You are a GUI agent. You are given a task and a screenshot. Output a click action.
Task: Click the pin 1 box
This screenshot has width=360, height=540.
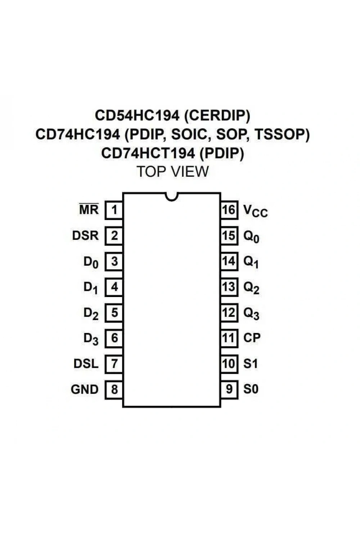114,210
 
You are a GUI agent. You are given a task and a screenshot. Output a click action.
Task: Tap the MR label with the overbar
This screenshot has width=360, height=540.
89,209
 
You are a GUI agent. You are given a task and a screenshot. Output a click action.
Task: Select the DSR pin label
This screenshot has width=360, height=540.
85,235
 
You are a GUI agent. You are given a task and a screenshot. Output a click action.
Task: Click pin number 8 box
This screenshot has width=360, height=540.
114,390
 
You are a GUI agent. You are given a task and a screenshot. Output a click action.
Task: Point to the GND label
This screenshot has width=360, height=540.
85,389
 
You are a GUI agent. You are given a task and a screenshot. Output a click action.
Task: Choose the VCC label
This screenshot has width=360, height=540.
256,211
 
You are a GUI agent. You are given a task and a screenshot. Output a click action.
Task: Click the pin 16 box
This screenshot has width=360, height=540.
229,210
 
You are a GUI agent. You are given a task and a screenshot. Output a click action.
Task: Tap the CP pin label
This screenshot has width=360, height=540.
252,338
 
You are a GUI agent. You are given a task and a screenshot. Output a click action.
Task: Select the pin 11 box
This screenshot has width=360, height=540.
229,338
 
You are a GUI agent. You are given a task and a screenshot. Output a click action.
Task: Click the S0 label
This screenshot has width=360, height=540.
251,389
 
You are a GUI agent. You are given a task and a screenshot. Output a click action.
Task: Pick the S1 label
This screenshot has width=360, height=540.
251,364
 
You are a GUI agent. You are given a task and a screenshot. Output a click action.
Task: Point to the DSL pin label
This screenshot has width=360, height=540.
86,364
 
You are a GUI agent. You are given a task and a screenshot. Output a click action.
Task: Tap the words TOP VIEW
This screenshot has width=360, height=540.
173,172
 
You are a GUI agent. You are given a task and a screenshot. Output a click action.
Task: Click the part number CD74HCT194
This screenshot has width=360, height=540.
148,153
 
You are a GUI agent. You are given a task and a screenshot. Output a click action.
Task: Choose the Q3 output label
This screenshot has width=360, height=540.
251,314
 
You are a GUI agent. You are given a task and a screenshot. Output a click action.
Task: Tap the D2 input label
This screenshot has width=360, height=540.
91,314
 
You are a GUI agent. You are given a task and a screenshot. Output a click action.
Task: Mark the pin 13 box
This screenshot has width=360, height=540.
229,287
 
